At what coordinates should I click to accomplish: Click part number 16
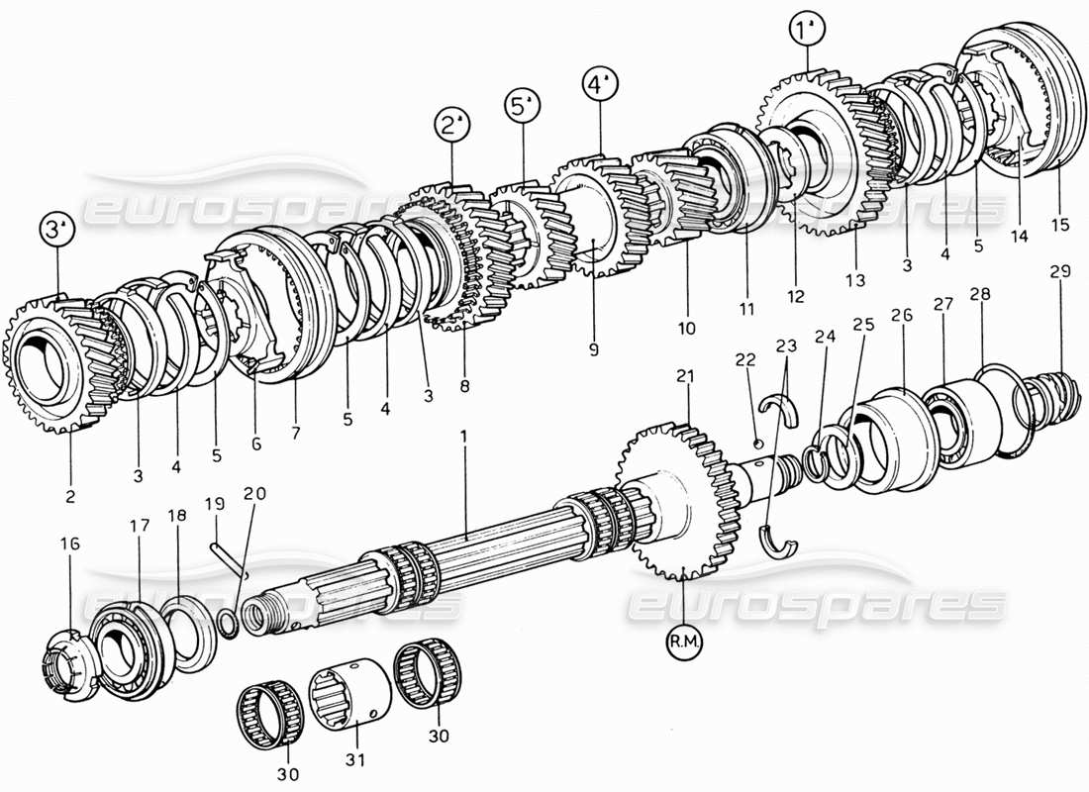tap(70, 544)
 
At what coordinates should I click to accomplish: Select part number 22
tap(744, 359)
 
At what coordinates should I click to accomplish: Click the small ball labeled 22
tap(756, 442)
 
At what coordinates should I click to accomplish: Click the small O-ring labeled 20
tap(226, 622)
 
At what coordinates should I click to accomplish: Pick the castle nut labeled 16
tap(67, 658)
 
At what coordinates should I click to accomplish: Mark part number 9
tap(594, 348)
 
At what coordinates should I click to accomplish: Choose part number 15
tap(1059, 225)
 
